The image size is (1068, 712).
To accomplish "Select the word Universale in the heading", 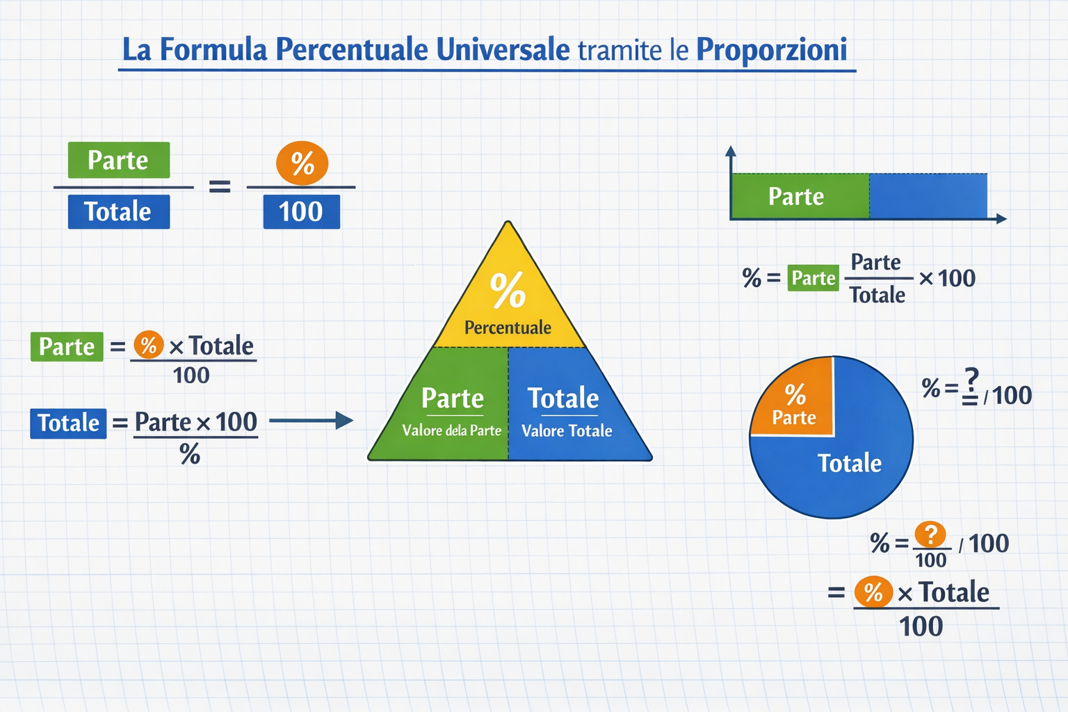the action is (x=503, y=49).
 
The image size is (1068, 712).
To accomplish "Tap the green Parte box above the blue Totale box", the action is (x=119, y=160).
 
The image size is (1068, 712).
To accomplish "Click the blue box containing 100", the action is (x=302, y=212).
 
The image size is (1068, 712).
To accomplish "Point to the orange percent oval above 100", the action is (x=302, y=163).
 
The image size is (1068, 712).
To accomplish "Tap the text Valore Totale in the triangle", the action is (x=567, y=431).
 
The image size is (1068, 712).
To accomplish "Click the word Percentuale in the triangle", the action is (x=508, y=327).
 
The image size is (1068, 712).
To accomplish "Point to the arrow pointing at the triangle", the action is (x=311, y=421).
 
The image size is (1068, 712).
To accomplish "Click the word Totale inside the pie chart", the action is (x=850, y=463).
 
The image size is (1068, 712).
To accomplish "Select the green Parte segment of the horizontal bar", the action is (x=800, y=196).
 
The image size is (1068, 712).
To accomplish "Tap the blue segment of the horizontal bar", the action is (x=928, y=196).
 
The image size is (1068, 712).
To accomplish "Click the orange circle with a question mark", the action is (x=930, y=535).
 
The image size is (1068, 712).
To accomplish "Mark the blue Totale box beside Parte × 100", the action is (x=68, y=423).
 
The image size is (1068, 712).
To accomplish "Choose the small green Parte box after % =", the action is (x=813, y=278).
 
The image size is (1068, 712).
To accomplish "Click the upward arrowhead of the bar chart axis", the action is (x=731, y=151).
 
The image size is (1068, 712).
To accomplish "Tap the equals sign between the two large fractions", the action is (x=220, y=186).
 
